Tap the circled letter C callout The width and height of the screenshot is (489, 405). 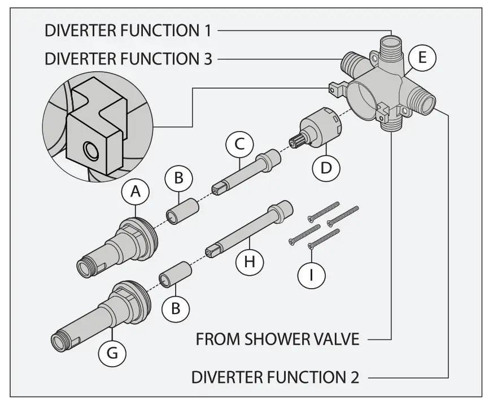coord(239,145)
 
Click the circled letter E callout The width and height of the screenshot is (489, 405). coord(421,57)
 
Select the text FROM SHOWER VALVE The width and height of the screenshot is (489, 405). coord(277,340)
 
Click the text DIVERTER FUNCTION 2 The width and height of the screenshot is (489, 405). coord(275,377)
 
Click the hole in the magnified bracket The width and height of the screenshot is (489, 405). coord(90,151)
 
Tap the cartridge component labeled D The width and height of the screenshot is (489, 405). coord(320,128)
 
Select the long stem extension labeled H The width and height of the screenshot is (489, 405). coord(248,232)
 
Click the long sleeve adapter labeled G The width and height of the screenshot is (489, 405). coord(102,313)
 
